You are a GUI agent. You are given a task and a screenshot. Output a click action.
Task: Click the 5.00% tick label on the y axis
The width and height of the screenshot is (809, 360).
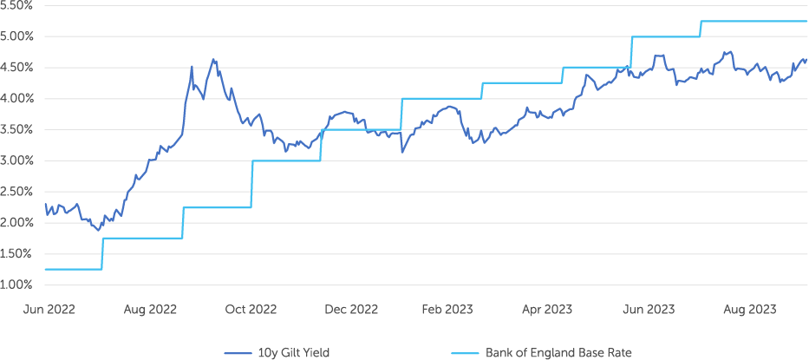[x=17, y=36]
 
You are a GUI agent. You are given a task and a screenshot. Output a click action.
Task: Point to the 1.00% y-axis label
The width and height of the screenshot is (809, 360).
[x=17, y=285]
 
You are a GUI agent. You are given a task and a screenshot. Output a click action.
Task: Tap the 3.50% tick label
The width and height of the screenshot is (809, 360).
[x=17, y=129]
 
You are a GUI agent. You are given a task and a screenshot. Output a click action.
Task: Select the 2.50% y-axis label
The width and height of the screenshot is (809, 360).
[x=17, y=192]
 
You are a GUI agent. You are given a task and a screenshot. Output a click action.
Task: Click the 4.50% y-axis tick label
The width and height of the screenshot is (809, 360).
[x=17, y=68]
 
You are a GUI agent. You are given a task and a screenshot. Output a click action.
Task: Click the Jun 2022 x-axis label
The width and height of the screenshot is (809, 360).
[x=49, y=310]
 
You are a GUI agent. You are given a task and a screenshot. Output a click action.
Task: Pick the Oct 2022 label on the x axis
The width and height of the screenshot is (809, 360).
[x=251, y=310]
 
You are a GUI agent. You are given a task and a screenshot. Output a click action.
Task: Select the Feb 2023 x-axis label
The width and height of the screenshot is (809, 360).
[x=447, y=310]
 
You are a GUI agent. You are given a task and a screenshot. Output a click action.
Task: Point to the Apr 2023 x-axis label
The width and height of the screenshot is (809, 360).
[x=547, y=310]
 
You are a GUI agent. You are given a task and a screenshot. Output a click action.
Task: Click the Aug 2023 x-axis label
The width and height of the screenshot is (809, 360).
[x=751, y=310]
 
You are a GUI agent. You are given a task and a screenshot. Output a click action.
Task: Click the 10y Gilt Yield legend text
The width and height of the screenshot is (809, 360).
[x=293, y=353]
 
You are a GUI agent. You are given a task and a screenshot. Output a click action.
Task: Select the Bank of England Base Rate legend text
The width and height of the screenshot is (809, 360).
[x=558, y=353]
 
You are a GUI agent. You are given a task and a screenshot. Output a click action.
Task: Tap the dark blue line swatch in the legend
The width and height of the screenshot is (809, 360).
[x=238, y=353]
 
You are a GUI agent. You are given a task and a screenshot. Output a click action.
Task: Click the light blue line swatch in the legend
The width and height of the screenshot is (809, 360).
[x=466, y=353]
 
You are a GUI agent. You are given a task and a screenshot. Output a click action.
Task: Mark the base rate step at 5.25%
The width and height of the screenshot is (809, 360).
[x=754, y=21]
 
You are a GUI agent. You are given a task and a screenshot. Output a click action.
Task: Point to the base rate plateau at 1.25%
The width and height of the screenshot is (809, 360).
[x=73, y=270]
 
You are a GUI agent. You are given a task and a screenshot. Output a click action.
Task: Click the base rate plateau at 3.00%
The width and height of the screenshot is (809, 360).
[x=286, y=160]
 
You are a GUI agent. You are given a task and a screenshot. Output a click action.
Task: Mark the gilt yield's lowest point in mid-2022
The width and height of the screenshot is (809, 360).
[x=98, y=231]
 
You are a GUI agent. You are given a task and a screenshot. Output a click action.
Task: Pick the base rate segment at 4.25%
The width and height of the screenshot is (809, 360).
[x=522, y=83]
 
